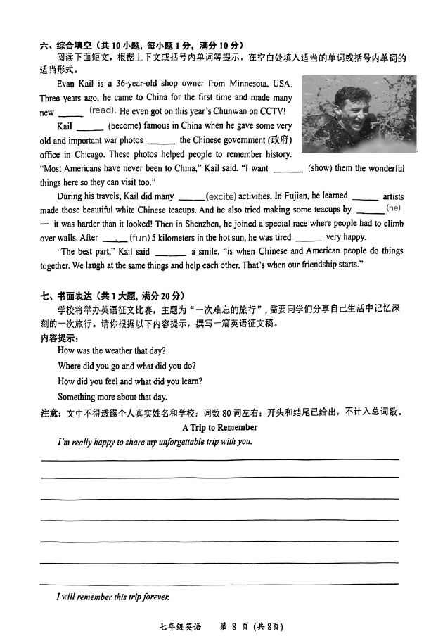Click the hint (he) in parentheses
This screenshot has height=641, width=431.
[393, 208]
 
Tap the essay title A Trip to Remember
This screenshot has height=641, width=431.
[219, 427]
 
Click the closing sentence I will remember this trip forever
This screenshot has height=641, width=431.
[113, 597]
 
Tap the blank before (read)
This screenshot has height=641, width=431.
[70, 112]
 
